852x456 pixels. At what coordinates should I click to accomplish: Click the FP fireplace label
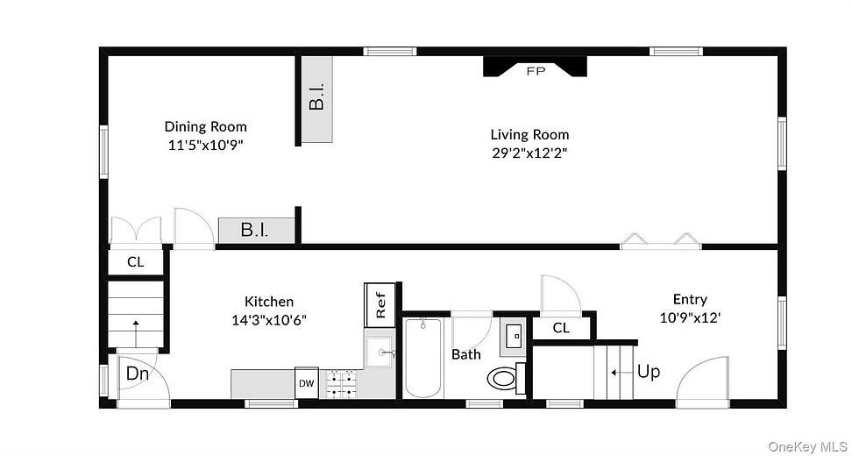pos(536,71)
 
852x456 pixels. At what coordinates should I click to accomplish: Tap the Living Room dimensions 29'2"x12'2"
pos(529,152)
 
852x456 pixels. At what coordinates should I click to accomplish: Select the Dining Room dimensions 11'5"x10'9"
pos(205,144)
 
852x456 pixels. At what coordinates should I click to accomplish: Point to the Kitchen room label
pos(269,302)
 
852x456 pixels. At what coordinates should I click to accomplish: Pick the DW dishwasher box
pos(306,383)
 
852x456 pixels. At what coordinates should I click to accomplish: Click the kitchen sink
pos(380,353)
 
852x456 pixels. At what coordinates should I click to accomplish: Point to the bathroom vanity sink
pos(514,334)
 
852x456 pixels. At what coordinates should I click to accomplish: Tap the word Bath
pos(465,355)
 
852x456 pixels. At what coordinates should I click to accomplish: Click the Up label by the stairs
pos(649,371)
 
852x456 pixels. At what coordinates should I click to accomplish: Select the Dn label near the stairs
pos(136,374)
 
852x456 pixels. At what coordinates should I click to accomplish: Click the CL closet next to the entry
pos(562,328)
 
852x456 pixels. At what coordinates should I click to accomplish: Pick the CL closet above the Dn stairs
pos(136,261)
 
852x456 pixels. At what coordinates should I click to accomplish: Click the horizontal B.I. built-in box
pos(255,231)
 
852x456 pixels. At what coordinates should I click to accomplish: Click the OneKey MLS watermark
pos(807,447)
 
